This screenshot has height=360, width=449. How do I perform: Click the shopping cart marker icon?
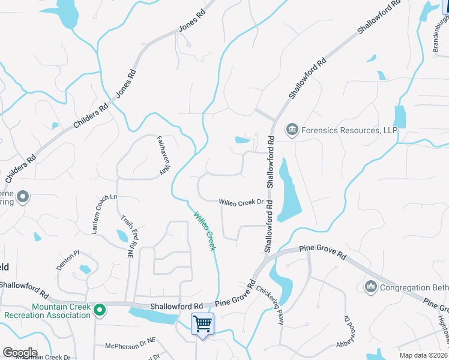203,325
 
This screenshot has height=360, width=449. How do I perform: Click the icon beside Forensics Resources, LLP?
292,128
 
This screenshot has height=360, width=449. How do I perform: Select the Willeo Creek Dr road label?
241,202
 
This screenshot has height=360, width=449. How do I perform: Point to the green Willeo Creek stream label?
204,230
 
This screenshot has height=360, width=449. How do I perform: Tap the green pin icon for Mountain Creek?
100,310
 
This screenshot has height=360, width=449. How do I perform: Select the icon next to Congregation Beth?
370,288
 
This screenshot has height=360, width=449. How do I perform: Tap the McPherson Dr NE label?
130,346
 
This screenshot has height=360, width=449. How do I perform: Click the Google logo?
19,352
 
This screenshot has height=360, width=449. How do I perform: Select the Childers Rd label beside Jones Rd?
90,116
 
